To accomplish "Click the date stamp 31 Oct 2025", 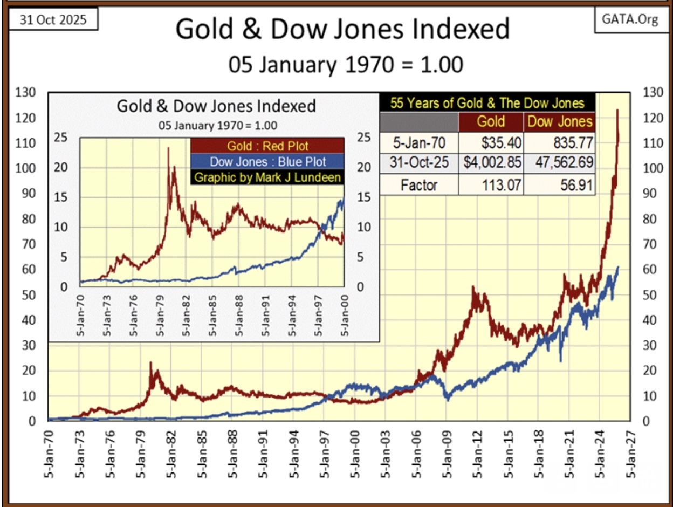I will click(x=53, y=20).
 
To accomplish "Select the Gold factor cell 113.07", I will click(x=490, y=186).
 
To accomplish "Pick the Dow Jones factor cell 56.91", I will click(x=560, y=186).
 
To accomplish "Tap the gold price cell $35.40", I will click(x=490, y=142).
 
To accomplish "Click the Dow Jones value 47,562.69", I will click(x=560, y=164).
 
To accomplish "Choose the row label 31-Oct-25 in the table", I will click(x=419, y=164).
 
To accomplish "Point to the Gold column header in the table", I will click(x=490, y=121).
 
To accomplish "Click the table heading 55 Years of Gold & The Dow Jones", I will click(x=487, y=103).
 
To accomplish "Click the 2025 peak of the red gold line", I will click(x=617, y=110).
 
